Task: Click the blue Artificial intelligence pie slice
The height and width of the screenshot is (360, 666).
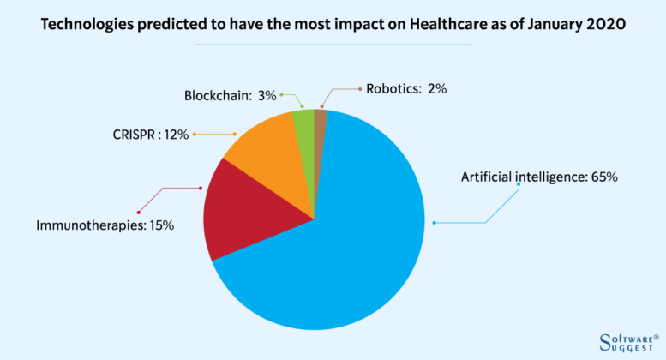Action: click(343, 249)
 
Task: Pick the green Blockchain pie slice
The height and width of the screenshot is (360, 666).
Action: click(304, 125)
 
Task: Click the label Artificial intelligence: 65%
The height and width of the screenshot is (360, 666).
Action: click(539, 177)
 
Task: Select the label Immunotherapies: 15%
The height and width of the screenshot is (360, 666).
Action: click(105, 225)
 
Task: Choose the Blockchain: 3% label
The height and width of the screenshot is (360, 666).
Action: click(231, 95)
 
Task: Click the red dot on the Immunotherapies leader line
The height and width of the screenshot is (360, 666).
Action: click(138, 212)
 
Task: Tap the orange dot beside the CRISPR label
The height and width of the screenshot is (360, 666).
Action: click(195, 135)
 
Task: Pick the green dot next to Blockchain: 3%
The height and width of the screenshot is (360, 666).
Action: click(283, 94)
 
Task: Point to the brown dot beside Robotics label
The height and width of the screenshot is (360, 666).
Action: click(358, 87)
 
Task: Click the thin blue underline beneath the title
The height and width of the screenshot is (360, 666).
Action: click(333, 44)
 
